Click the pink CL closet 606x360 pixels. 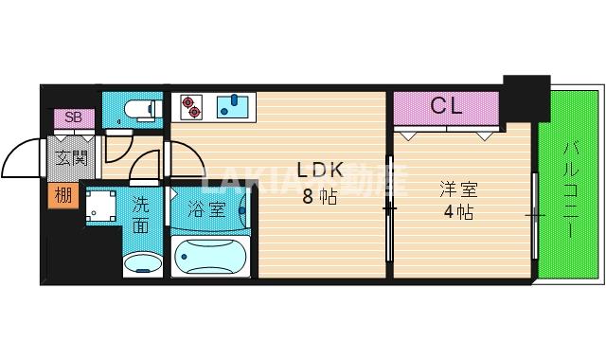(446, 106)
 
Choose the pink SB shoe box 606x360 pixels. (72, 117)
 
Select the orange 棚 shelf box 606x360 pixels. (61, 196)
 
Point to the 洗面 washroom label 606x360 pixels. (140, 213)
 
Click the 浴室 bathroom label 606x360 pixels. (207, 208)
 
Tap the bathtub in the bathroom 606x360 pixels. (210, 256)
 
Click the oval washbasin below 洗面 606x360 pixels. (144, 262)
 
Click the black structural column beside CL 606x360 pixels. (526, 96)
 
